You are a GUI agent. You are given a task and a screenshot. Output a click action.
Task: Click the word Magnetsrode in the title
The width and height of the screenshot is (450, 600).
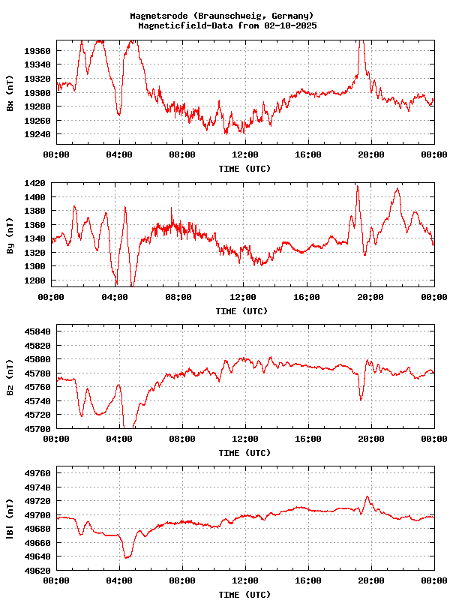coord(159,16)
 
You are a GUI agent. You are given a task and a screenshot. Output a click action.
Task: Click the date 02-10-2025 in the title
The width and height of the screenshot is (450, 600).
coord(288,25)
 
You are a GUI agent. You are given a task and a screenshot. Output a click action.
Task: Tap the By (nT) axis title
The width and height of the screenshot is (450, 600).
coord(10,236)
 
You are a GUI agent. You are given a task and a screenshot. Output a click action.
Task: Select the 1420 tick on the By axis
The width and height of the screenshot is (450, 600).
coord(36,183)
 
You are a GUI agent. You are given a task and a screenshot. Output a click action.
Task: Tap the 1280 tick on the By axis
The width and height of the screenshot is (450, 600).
coord(36,280)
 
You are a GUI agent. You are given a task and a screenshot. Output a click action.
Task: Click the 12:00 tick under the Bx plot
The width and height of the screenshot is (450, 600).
coord(245,154)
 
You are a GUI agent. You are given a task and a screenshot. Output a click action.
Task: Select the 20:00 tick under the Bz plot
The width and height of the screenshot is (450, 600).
coord(371,439)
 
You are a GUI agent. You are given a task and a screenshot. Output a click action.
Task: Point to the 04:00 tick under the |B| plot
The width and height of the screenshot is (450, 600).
coord(119,580)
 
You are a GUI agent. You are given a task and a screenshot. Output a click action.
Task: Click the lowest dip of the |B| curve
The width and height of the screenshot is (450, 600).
coord(127,558)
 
